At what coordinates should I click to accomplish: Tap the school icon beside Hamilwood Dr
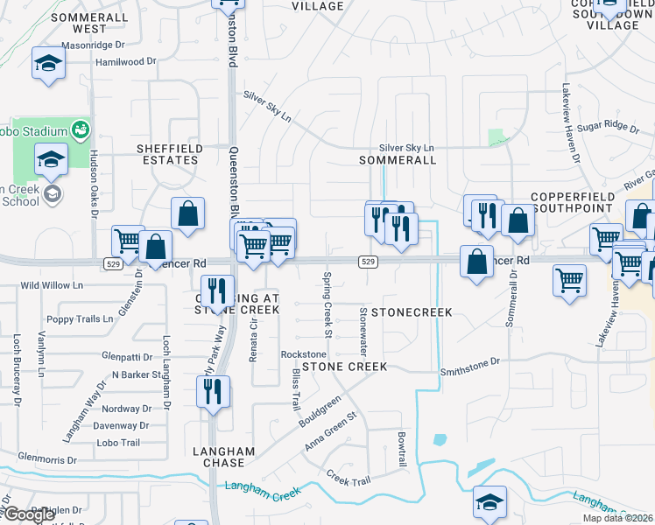pyautogui.click(x=49, y=63)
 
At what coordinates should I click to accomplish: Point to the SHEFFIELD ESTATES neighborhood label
pyautogui.click(x=169, y=155)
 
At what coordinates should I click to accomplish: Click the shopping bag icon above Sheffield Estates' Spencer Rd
pyautogui.click(x=188, y=213)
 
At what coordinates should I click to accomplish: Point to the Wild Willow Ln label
pyautogui.click(x=52, y=285)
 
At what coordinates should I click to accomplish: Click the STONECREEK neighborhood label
pyautogui.click(x=412, y=312)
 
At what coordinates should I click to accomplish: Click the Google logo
pyautogui.click(x=29, y=514)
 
